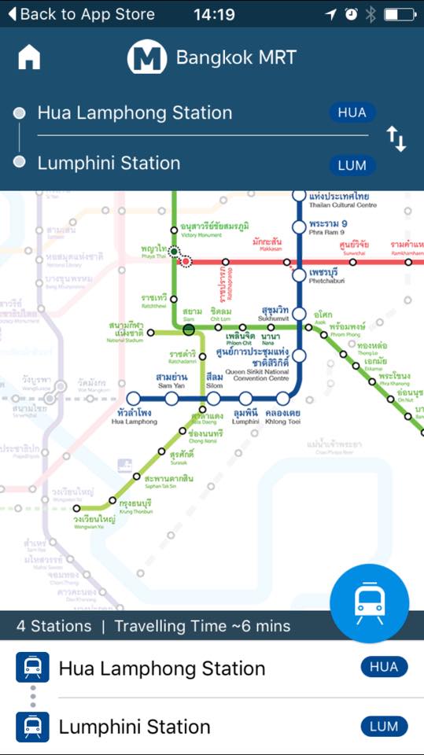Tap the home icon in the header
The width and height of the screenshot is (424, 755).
[x=29, y=57]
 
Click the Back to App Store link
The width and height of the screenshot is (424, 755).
[x=81, y=14]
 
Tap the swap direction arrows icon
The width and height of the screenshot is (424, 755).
[x=396, y=138]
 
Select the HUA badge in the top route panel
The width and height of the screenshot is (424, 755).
[x=352, y=112]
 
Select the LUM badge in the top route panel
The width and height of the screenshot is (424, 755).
[x=352, y=165]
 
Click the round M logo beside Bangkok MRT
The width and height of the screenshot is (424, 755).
[x=146, y=57]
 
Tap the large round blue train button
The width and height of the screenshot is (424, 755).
[x=369, y=603]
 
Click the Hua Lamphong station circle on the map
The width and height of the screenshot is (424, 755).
[x=134, y=399]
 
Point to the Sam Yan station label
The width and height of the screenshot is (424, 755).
[x=171, y=380]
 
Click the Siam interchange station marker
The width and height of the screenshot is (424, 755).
[x=189, y=329]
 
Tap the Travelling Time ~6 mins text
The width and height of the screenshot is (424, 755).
[x=202, y=626]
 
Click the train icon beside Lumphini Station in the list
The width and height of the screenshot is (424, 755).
[x=32, y=727]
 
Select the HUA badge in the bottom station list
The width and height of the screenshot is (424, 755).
[x=384, y=667]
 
